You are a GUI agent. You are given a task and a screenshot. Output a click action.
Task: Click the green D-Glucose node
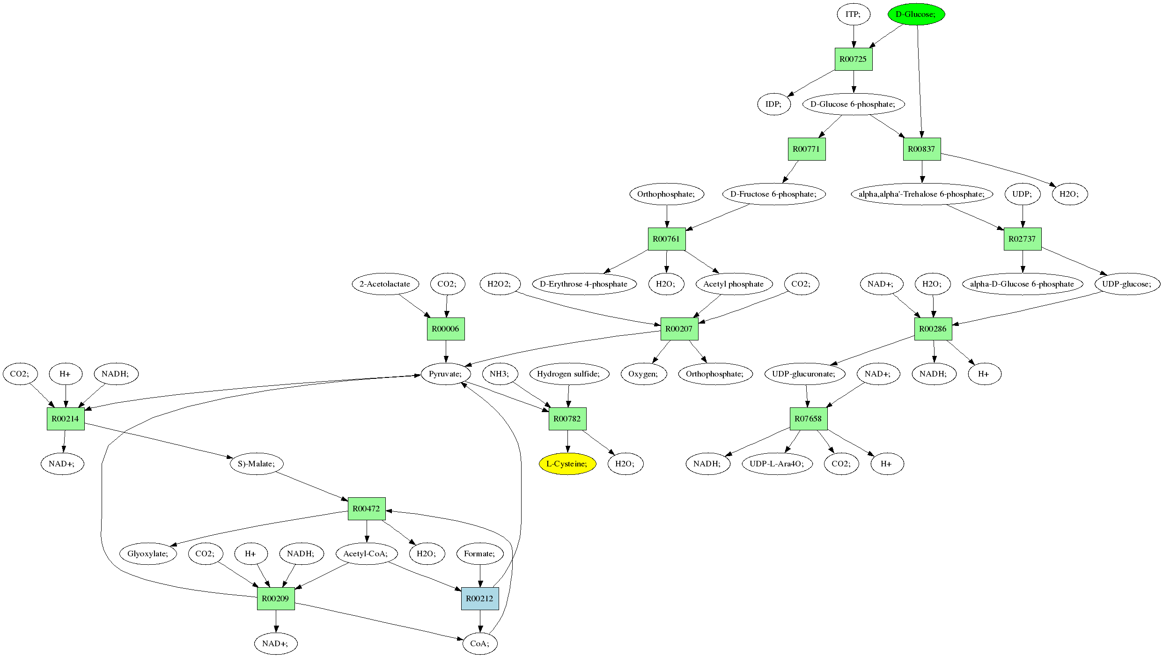pyautogui.click(x=916, y=14)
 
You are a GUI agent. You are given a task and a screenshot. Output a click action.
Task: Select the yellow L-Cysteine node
pyautogui.click(x=567, y=464)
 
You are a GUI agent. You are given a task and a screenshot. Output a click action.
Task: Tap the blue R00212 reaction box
pyautogui.click(x=480, y=598)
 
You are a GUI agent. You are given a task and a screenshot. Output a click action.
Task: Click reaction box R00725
pyautogui.click(x=853, y=59)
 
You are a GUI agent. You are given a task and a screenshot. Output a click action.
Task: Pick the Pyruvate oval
pyautogui.click(x=445, y=374)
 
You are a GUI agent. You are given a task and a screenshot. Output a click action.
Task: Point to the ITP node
pyautogui.click(x=853, y=14)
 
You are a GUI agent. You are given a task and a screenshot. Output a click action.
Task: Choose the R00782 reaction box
pyautogui.click(x=567, y=419)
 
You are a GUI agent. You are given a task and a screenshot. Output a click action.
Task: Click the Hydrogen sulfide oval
pyautogui.click(x=568, y=374)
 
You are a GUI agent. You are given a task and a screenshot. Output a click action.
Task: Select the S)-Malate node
pyautogui.click(x=256, y=464)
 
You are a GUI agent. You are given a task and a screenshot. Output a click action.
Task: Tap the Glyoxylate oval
pyautogui.click(x=148, y=554)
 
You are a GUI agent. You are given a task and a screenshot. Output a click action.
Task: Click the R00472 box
pyautogui.click(x=366, y=509)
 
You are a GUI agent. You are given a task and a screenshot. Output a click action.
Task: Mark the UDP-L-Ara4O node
pyautogui.click(x=777, y=464)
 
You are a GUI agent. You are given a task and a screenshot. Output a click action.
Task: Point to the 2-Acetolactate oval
pyautogui.click(x=385, y=284)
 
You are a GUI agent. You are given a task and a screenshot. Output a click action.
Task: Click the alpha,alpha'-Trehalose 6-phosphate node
pyautogui.click(x=921, y=194)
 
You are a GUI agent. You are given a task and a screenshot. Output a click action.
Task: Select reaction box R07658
pyautogui.click(x=808, y=419)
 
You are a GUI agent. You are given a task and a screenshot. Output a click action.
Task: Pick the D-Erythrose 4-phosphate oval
pyautogui.click(x=584, y=284)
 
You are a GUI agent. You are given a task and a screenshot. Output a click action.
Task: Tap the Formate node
pyautogui.click(x=479, y=554)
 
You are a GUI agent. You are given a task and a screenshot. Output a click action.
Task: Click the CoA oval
pyautogui.click(x=480, y=643)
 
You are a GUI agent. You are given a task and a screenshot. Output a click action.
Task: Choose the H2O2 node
pyautogui.click(x=499, y=284)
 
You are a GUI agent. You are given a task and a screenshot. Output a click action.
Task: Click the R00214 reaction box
pyautogui.click(x=66, y=419)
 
